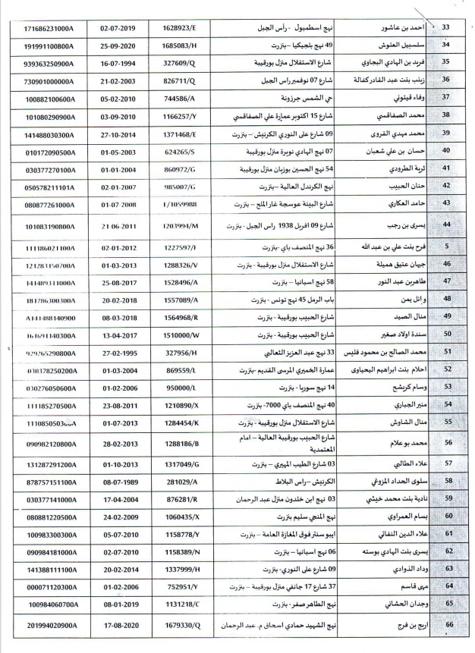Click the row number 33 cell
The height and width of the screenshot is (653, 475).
point(445,28)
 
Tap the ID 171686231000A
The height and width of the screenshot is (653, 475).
point(46,28)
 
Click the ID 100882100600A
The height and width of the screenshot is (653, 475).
point(46,99)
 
